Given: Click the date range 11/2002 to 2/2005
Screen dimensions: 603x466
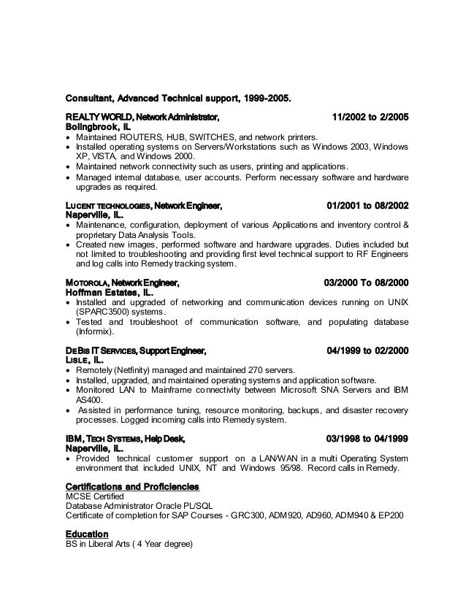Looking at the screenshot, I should point(370,116).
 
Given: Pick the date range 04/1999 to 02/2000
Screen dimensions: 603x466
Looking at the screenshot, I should point(368,351).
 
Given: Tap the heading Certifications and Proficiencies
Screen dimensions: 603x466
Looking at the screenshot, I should point(132,486).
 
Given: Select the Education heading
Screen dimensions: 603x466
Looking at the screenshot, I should point(87,534).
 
